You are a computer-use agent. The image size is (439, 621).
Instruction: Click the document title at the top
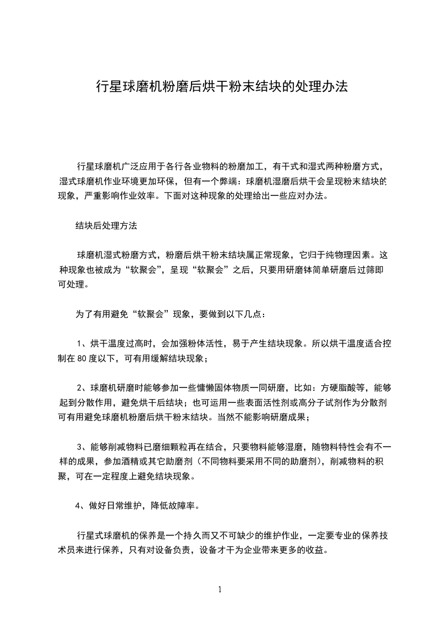(221, 86)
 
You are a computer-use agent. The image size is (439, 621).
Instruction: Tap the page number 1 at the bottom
(220, 589)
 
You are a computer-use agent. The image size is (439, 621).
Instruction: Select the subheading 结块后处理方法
(106, 226)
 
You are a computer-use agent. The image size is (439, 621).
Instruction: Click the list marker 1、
(82, 343)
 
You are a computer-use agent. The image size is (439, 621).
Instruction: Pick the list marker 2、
(82, 387)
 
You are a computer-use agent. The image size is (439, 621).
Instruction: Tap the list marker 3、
(82, 446)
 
